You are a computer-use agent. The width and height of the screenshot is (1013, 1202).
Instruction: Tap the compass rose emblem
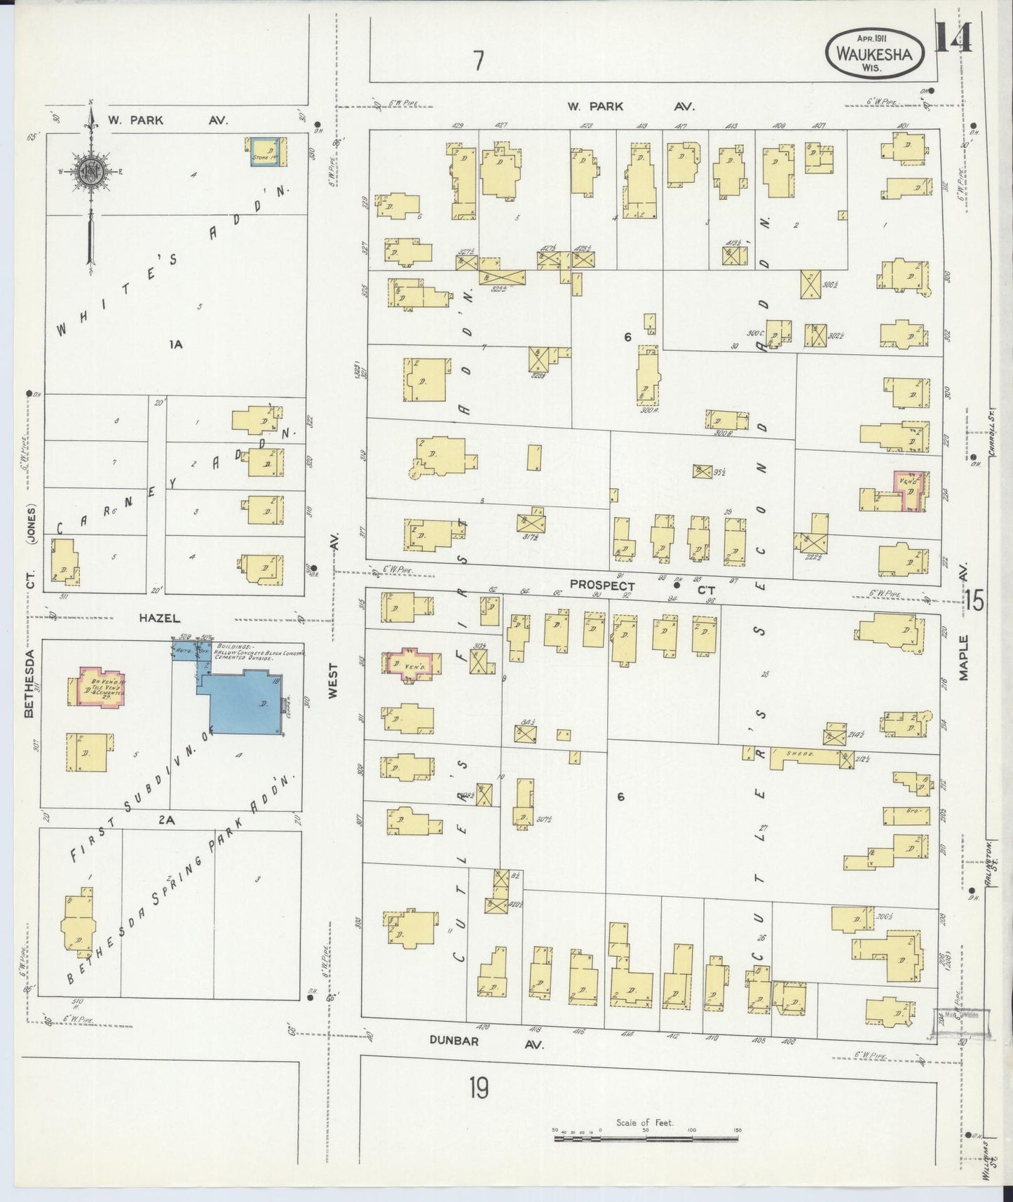[x=90, y=170]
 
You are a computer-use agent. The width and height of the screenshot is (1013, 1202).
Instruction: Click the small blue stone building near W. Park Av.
[x=266, y=151]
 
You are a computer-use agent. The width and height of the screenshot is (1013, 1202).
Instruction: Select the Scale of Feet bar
[x=646, y=1138]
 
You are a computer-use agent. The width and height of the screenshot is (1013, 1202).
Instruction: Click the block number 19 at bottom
[x=480, y=1088]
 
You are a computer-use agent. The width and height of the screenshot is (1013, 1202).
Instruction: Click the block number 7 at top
[x=479, y=62]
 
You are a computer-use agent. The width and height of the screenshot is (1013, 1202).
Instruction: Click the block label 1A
[x=175, y=344]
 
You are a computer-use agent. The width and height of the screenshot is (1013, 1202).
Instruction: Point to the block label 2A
[x=166, y=819]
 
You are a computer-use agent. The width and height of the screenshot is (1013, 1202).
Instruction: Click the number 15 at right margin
[x=974, y=600]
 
